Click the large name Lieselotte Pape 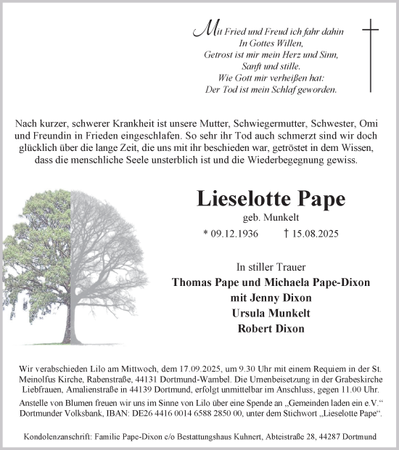[268, 199]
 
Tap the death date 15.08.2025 [312, 234]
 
